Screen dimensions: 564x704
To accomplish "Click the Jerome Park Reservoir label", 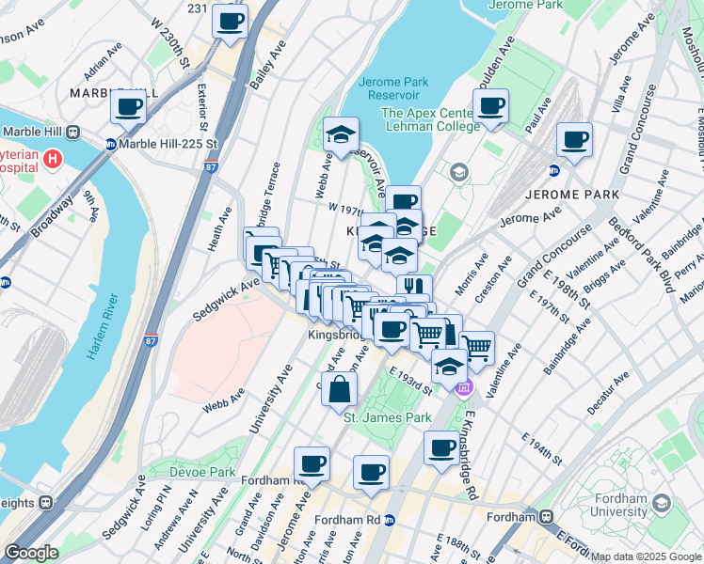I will pyautogui.click(x=393, y=88).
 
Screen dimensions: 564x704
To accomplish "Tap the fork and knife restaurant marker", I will pyautogui.click(x=412, y=287).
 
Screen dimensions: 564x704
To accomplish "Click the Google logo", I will pyautogui.click(x=31, y=553).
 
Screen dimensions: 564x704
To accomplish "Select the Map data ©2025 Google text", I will pyautogui.click(x=646, y=556).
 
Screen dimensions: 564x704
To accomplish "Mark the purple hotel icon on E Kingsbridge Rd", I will pyautogui.click(x=461, y=386).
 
